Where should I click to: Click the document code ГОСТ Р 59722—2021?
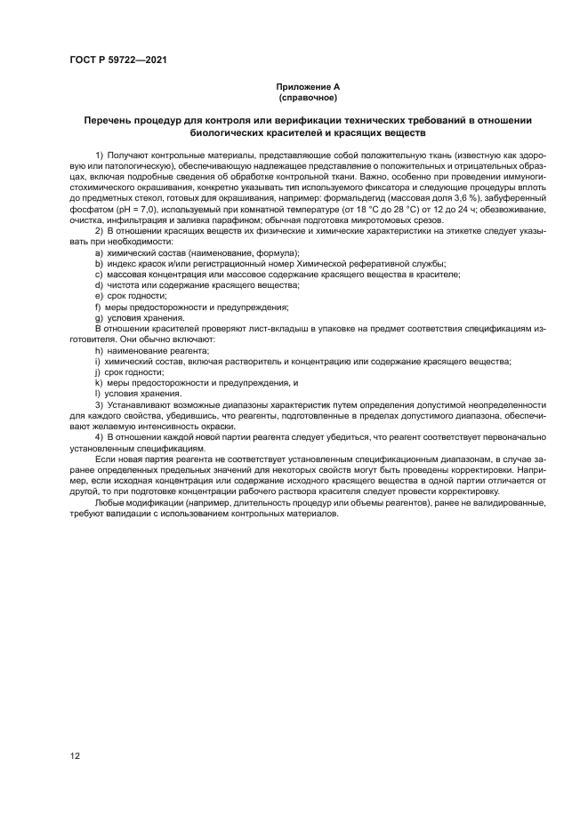tap(118, 59)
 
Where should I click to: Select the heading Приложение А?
tap(307, 87)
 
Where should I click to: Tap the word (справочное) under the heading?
tap(307, 97)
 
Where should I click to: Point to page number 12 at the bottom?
tap(75, 755)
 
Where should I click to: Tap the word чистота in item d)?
tap(124, 285)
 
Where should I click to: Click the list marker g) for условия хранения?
tap(99, 318)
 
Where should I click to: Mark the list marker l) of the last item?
tap(97, 394)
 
